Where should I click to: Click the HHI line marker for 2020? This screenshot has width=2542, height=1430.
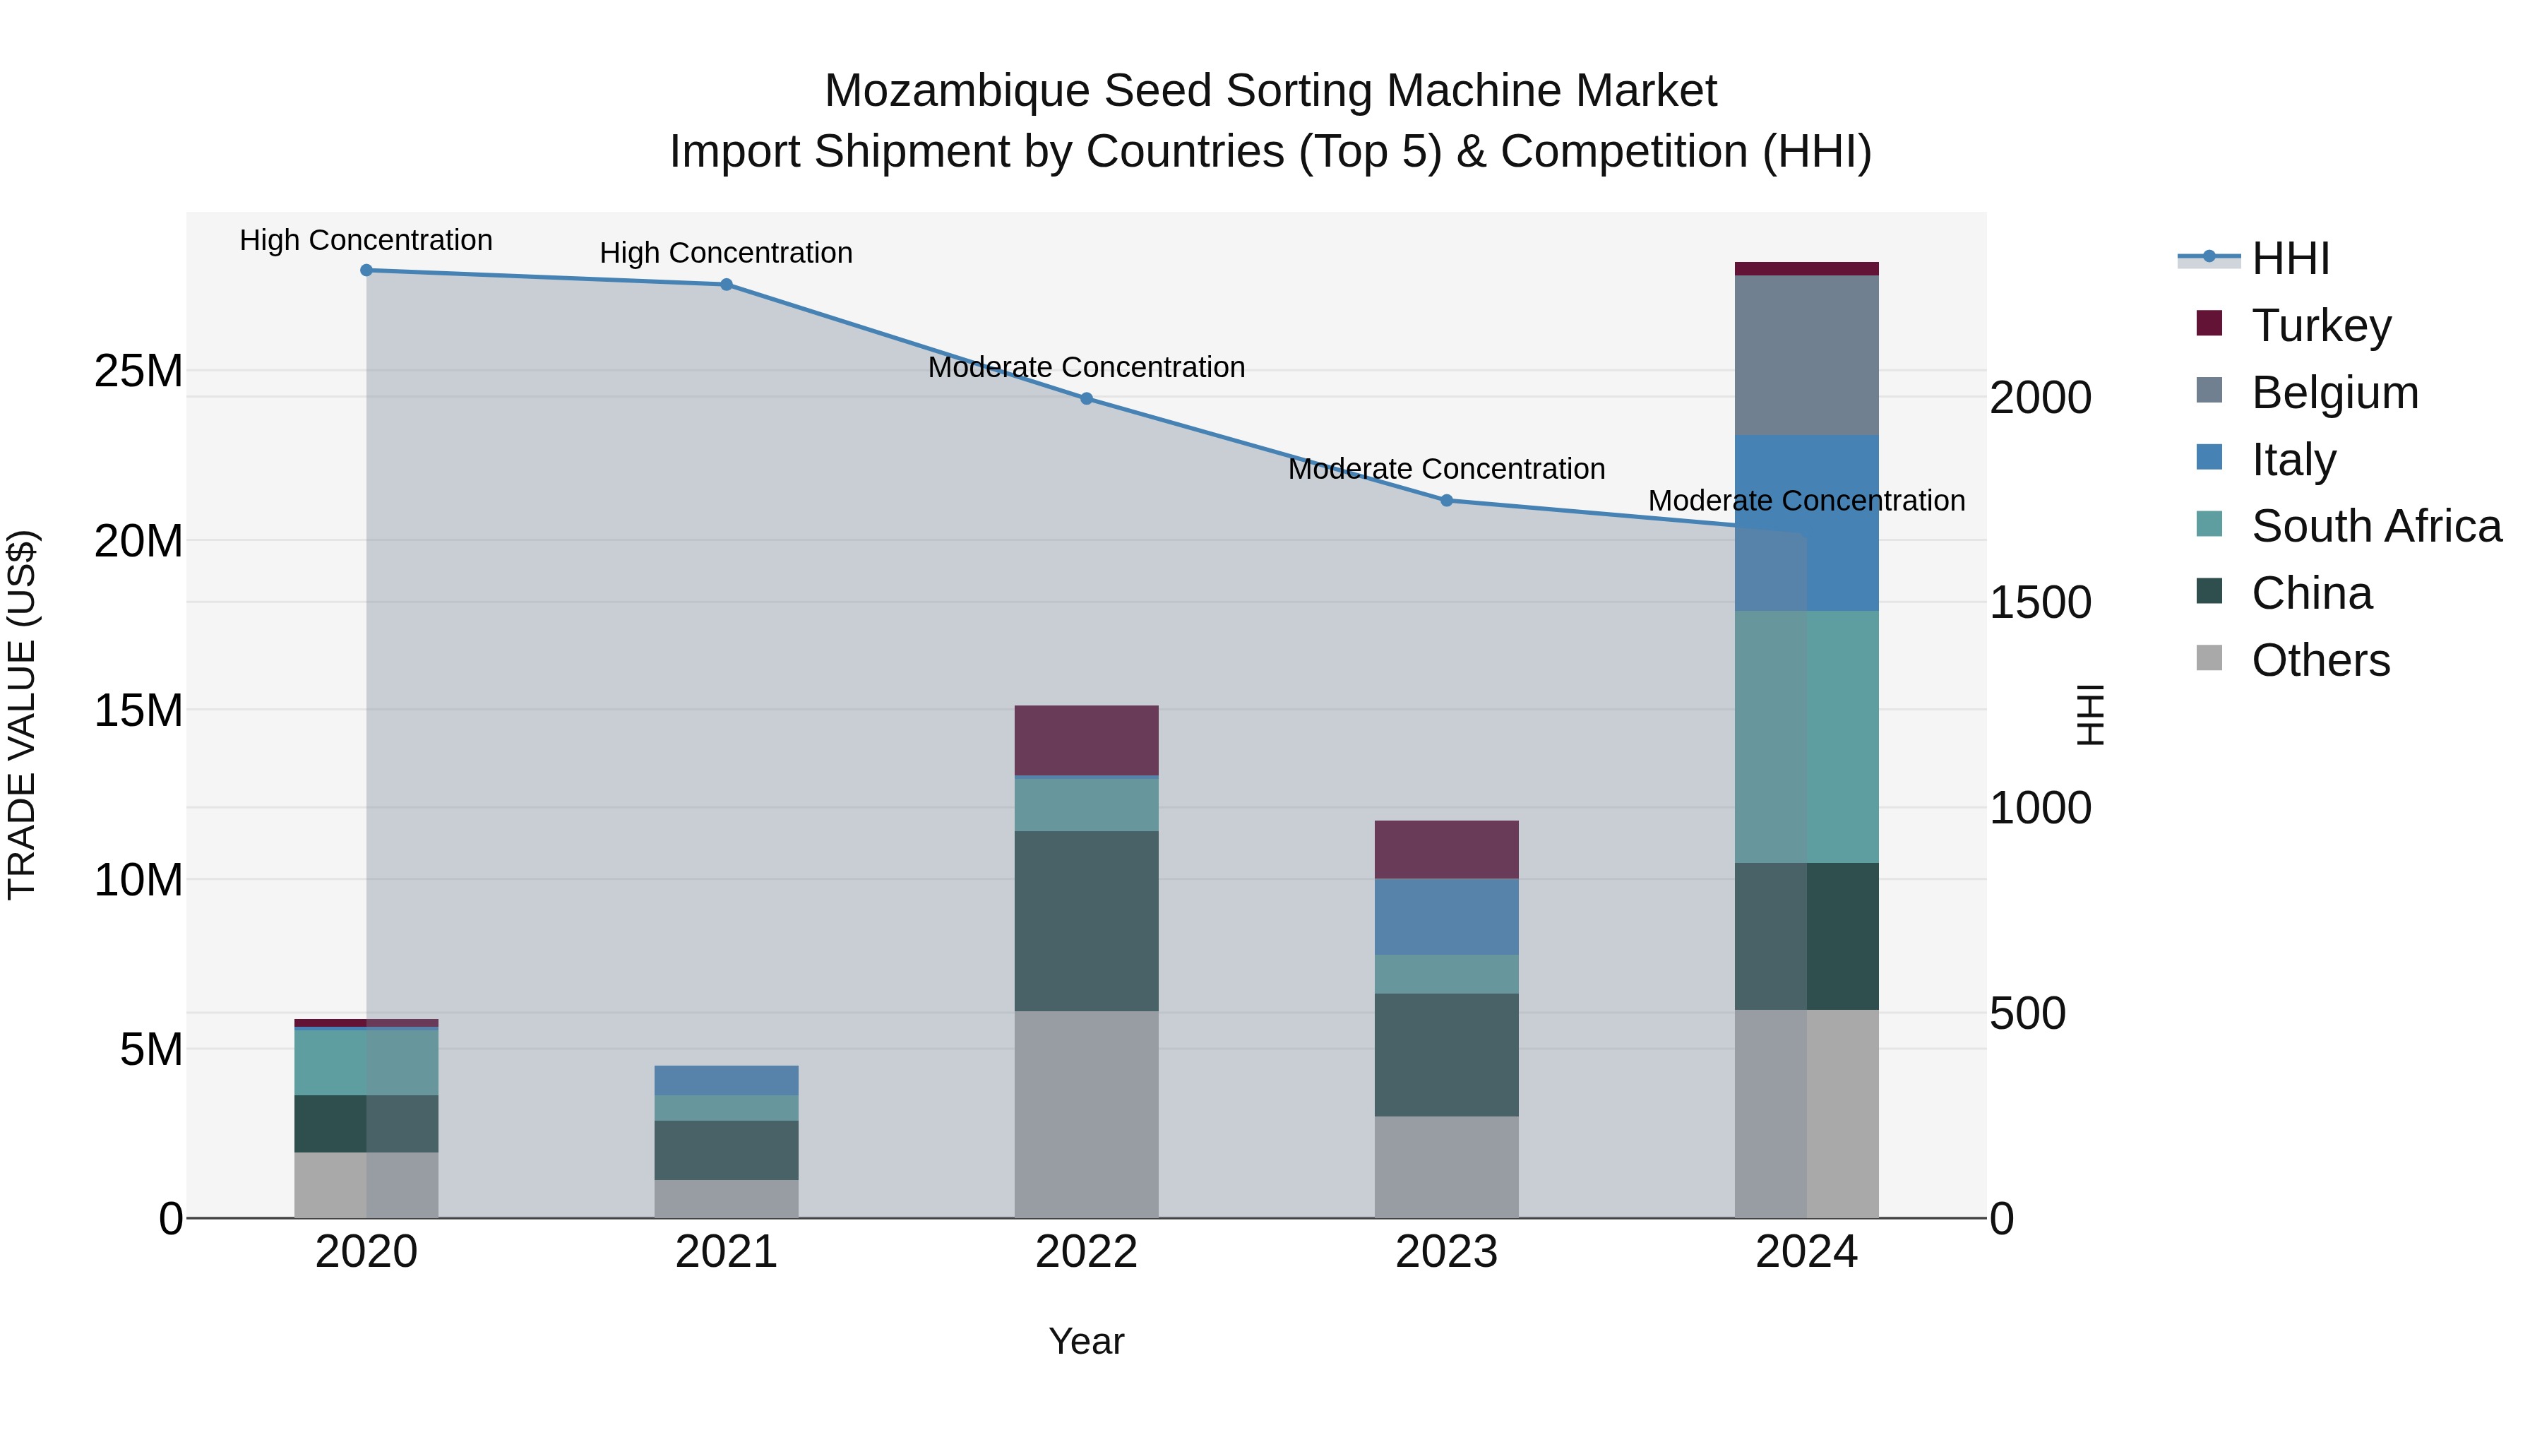(366, 270)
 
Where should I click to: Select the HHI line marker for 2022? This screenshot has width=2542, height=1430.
(1087, 399)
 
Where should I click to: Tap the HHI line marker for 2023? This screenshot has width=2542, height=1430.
(1447, 501)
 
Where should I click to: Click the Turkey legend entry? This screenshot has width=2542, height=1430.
(2320, 326)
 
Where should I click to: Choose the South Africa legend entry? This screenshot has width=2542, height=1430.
(2375, 526)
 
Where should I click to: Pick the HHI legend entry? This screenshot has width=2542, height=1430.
(2289, 258)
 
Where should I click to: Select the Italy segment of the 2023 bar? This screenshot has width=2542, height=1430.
(1447, 917)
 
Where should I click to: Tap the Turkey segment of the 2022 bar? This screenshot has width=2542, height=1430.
(1087, 740)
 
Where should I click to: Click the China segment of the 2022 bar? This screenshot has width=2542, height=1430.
(1087, 921)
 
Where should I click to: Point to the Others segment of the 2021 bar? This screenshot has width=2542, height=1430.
(727, 1199)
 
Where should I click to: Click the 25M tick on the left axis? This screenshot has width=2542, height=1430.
(138, 372)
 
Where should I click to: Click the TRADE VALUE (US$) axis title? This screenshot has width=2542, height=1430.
(23, 715)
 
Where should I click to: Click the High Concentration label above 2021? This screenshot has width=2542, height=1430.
(727, 254)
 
